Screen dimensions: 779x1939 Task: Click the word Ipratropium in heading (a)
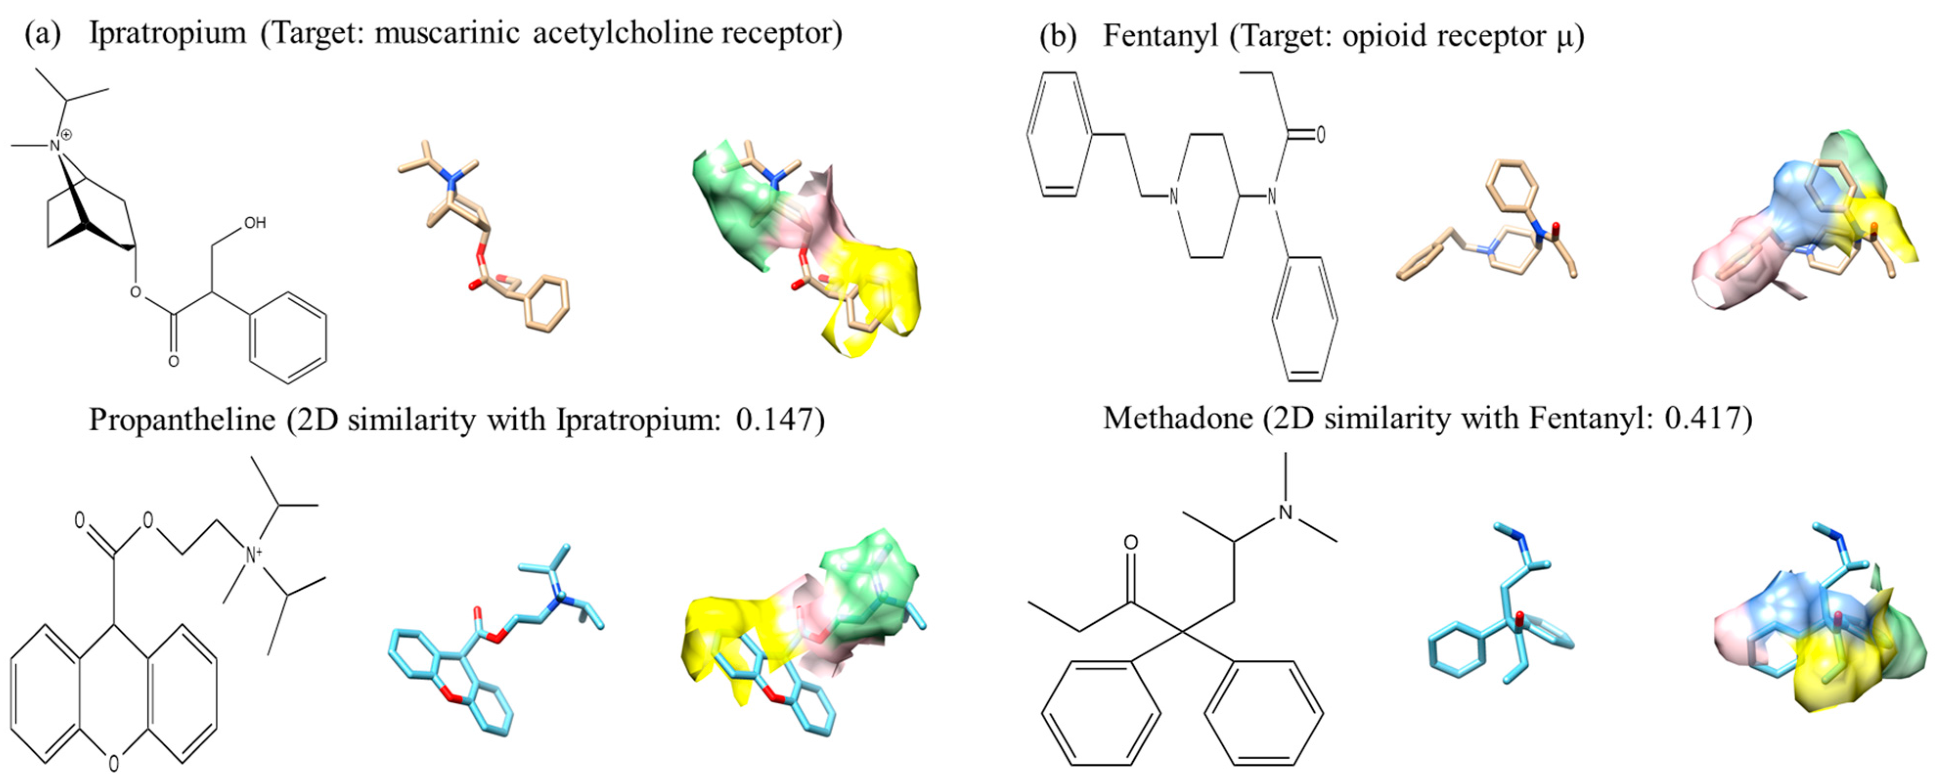click(167, 34)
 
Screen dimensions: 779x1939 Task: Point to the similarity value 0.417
click(1703, 418)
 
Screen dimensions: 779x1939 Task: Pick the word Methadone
click(1177, 418)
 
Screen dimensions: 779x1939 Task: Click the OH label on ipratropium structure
click(254, 223)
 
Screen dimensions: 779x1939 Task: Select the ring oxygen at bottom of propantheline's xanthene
click(113, 763)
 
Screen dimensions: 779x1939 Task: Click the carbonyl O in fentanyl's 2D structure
click(1320, 135)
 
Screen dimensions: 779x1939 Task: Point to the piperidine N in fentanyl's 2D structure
click(1173, 197)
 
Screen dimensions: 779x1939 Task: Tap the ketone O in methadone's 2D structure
click(1130, 543)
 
